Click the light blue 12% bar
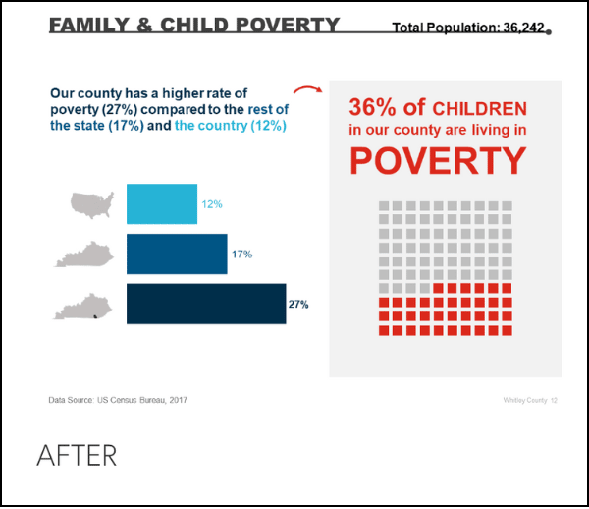(162, 204)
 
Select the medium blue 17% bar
(177, 254)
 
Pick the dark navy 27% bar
(206, 304)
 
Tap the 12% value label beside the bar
(212, 204)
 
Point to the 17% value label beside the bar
(242, 254)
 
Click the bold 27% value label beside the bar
(298, 305)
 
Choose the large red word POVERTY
(438, 161)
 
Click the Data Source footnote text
(118, 400)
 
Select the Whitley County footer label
(525, 401)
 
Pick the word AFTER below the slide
(77, 456)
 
